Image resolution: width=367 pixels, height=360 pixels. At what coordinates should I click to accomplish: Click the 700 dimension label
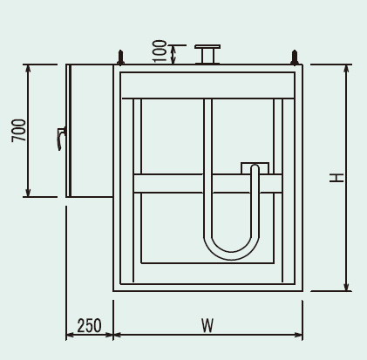click(x=19, y=130)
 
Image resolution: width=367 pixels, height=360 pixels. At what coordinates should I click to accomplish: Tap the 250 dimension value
click(x=90, y=326)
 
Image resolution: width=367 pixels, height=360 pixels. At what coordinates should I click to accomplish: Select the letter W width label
click(x=207, y=326)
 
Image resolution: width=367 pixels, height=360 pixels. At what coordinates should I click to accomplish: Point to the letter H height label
click(x=336, y=178)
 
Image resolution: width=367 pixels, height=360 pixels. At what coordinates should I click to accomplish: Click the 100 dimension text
click(x=160, y=51)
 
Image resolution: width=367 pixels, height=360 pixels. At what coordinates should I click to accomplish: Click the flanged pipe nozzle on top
click(x=207, y=54)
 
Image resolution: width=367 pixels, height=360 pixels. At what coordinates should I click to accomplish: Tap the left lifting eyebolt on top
click(x=121, y=58)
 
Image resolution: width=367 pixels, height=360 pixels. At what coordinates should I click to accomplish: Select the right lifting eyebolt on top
click(x=295, y=58)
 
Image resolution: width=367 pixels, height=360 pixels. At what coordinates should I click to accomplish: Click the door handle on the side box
click(x=61, y=139)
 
